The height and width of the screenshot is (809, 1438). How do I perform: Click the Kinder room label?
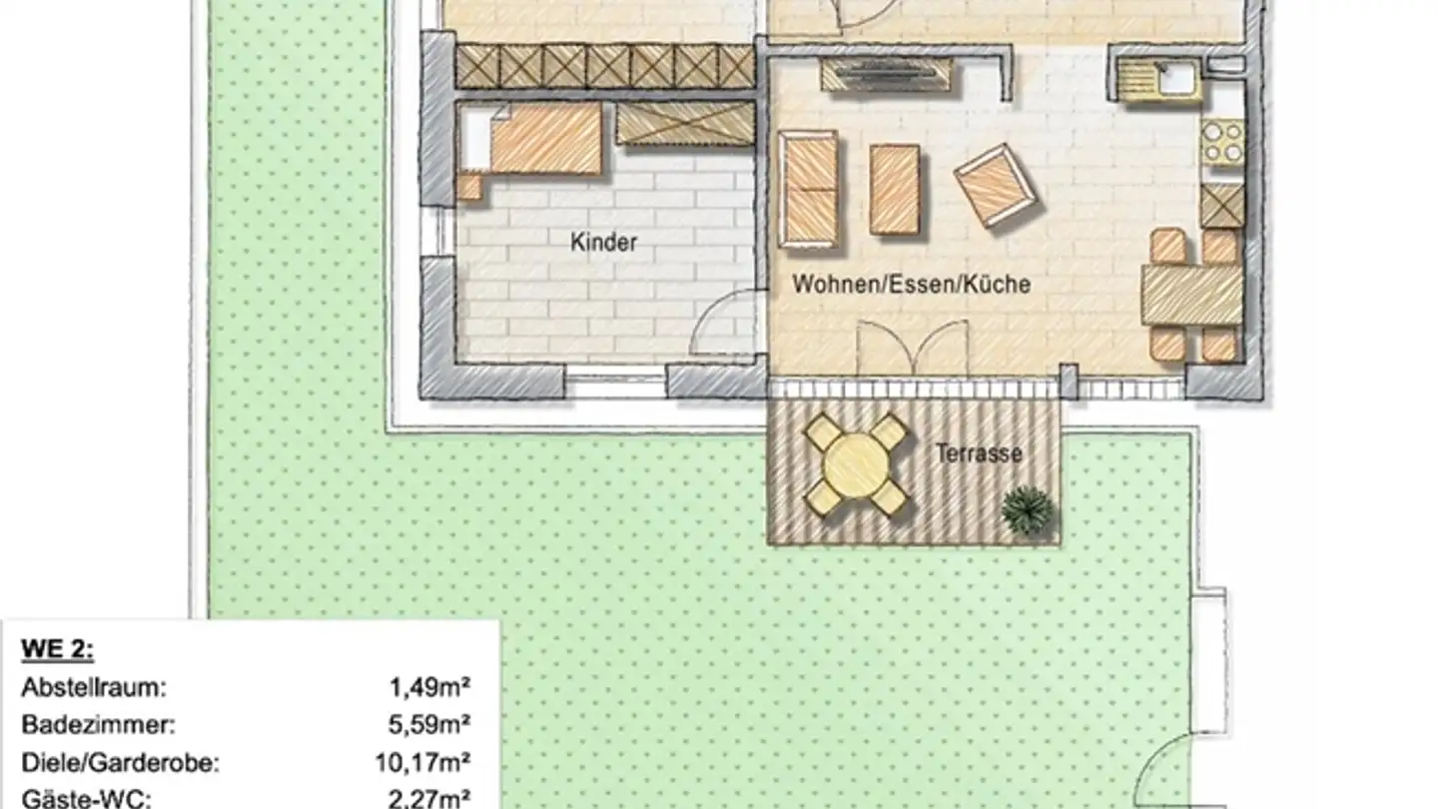[603, 243]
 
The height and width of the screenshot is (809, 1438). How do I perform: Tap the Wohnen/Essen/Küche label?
[911, 285]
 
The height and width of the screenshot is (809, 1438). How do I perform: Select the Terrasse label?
[979, 454]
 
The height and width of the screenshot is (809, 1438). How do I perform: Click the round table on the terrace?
[856, 465]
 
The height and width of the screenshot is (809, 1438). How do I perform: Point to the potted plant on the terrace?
[1028, 510]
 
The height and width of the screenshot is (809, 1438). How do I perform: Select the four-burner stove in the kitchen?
[1223, 142]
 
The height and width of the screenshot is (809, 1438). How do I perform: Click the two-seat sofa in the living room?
[809, 189]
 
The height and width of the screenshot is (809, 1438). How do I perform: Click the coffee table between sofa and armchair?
[894, 189]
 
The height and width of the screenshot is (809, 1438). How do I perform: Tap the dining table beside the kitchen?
[1191, 295]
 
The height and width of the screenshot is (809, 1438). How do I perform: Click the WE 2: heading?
[57, 650]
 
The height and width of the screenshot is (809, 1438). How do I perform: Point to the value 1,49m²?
[429, 687]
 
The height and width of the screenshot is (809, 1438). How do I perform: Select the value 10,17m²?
[423, 763]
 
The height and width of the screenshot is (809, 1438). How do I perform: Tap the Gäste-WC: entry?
[86, 798]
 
